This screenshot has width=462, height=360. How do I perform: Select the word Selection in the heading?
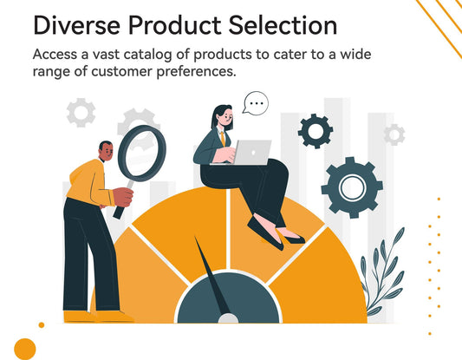click(x=282, y=25)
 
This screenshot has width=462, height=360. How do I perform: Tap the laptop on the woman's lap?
click(x=251, y=152)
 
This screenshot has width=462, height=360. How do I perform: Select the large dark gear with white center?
click(x=351, y=187)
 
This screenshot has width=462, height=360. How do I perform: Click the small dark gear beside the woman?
click(x=315, y=131)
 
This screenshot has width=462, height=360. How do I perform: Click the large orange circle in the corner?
click(x=25, y=349)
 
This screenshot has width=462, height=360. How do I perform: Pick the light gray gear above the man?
click(x=81, y=112)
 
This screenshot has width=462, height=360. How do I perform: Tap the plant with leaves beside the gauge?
click(x=381, y=273)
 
